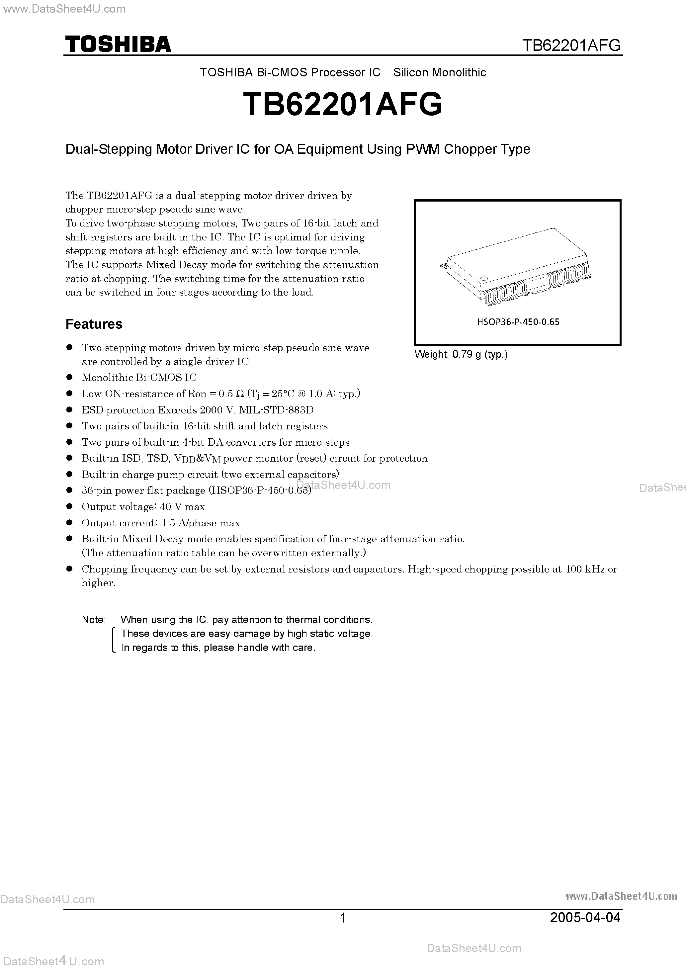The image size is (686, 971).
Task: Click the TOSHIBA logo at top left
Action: coord(118,44)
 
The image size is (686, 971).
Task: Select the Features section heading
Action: coord(94,324)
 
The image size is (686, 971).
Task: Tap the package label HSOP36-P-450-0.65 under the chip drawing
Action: coord(518,322)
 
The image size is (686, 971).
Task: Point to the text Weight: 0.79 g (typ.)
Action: coord(461,354)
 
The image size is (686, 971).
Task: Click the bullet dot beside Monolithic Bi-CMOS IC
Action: coord(70,377)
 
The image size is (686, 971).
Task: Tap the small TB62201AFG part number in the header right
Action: coord(571,45)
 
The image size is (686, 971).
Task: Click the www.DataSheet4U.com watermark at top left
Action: coord(64,9)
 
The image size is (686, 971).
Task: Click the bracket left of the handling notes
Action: coord(113,640)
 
